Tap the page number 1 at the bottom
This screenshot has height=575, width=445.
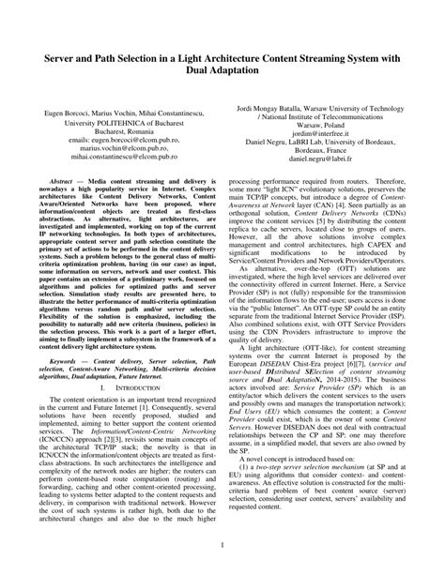[x=222, y=543]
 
